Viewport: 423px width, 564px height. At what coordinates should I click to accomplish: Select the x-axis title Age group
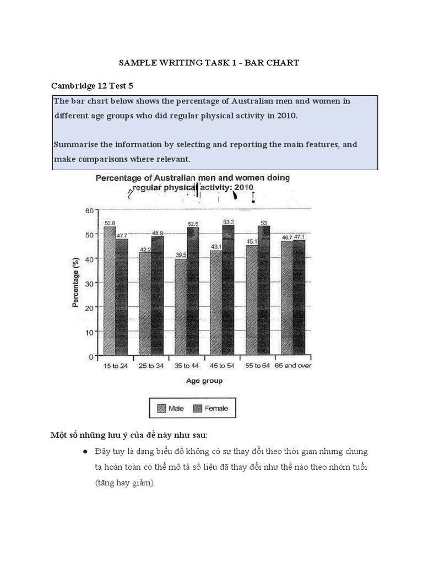click(x=204, y=381)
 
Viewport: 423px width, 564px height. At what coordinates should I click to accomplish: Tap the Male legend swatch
click(x=162, y=409)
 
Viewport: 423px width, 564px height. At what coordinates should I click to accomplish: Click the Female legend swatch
click(x=198, y=409)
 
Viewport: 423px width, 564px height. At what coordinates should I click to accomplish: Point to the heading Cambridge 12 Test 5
click(x=92, y=85)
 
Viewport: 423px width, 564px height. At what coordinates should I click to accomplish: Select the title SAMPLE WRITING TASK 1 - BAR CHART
click(x=209, y=63)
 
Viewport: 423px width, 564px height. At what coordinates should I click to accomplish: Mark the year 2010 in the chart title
click(x=242, y=187)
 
